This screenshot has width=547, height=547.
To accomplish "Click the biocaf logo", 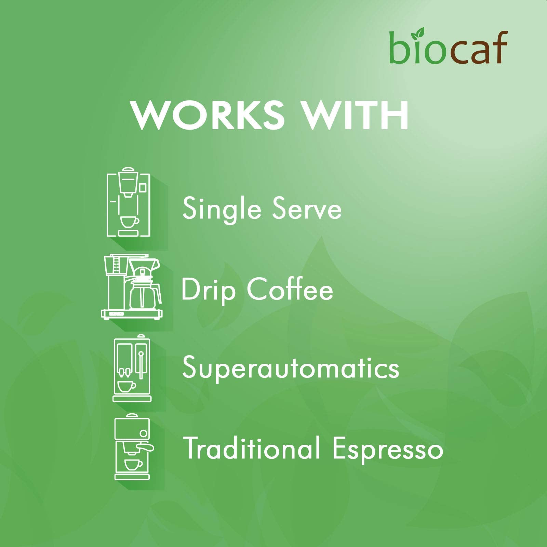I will pyautogui.click(x=448, y=48).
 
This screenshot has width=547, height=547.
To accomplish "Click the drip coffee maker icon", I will pyautogui.click(x=132, y=287).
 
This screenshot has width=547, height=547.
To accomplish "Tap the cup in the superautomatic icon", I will pyautogui.click(x=126, y=386).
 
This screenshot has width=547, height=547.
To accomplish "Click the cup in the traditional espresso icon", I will pyautogui.click(x=133, y=464).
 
